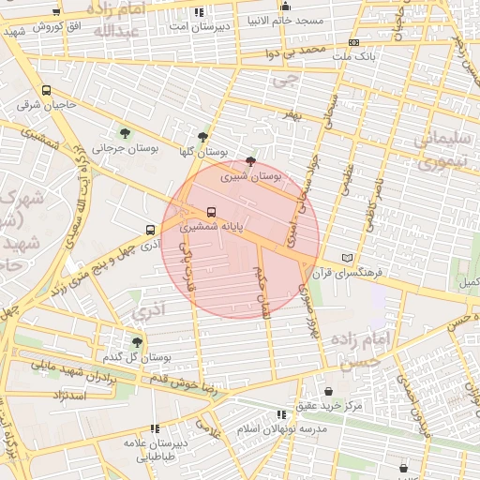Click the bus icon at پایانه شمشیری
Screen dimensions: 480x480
[210, 212]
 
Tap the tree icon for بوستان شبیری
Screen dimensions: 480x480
[249, 161]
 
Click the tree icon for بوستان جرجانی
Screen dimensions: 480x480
[126, 134]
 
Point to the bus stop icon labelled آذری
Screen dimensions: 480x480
[150, 230]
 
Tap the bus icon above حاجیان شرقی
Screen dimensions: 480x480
[47, 91]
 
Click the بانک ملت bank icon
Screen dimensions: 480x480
[352, 42]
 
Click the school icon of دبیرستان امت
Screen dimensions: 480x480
[197, 12]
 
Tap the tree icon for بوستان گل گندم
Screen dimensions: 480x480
[138, 342]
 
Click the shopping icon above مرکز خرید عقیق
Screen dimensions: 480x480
[328, 392]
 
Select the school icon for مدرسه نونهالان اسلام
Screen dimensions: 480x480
[281, 414]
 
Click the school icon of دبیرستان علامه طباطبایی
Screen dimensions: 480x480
[155, 428]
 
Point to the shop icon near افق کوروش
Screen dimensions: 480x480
[56, 12]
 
